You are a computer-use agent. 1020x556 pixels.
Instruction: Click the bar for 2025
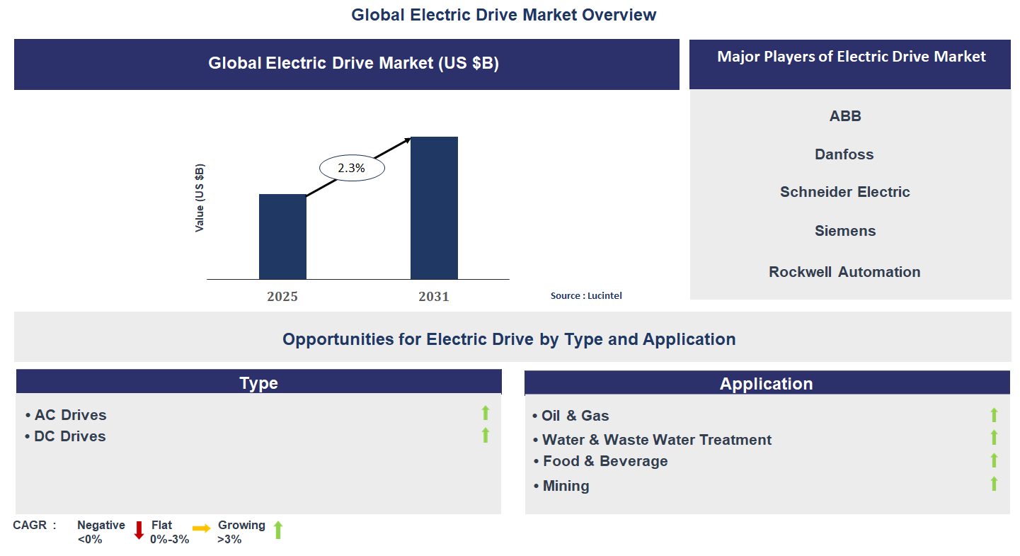[x=282, y=237]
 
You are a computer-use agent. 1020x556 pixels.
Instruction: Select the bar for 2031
[x=434, y=208]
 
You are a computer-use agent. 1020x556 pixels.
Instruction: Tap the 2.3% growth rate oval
[x=352, y=169]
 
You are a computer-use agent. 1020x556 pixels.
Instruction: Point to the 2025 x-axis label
[x=282, y=297]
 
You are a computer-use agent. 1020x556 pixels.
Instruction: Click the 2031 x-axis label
[x=434, y=297]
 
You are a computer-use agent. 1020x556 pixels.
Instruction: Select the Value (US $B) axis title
[x=200, y=198]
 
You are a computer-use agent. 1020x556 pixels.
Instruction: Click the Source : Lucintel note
[x=586, y=296]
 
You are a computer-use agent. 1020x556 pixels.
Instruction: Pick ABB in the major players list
[x=845, y=116]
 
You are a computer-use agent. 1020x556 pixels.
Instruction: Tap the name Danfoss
[x=844, y=154]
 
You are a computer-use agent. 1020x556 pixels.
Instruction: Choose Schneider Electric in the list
[x=844, y=192]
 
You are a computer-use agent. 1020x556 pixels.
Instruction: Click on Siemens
[x=845, y=231]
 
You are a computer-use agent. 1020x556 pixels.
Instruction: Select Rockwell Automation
[x=844, y=272]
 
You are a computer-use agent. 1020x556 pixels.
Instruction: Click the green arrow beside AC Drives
[x=486, y=413]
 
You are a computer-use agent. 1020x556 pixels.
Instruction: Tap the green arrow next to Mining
[x=994, y=484]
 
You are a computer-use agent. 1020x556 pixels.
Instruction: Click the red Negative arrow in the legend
[x=139, y=530]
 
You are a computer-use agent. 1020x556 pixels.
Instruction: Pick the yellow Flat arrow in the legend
[x=201, y=528]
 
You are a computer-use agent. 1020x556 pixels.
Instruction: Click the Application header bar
[x=767, y=383]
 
